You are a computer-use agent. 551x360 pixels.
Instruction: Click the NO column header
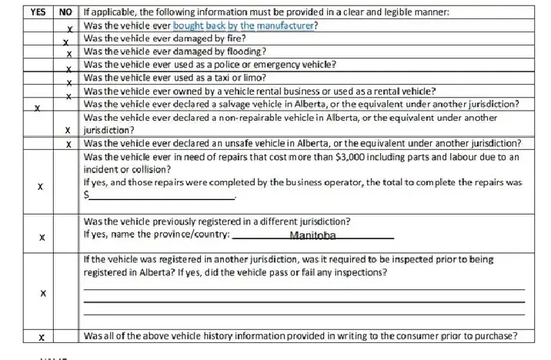pyautogui.click(x=66, y=12)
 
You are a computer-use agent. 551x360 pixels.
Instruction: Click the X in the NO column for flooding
pyautogui.click(x=68, y=54)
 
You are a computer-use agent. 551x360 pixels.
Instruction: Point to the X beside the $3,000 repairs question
pyautogui.click(x=41, y=187)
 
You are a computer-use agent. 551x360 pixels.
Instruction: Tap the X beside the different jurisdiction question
pyautogui.click(x=42, y=236)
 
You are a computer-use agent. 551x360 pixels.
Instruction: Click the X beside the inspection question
pyautogui.click(x=42, y=293)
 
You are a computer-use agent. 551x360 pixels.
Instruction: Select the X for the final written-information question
pyautogui.click(x=42, y=337)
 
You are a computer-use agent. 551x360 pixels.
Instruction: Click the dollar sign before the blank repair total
pyautogui.click(x=85, y=195)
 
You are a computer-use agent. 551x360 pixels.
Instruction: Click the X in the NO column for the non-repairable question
pyautogui.click(x=68, y=130)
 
